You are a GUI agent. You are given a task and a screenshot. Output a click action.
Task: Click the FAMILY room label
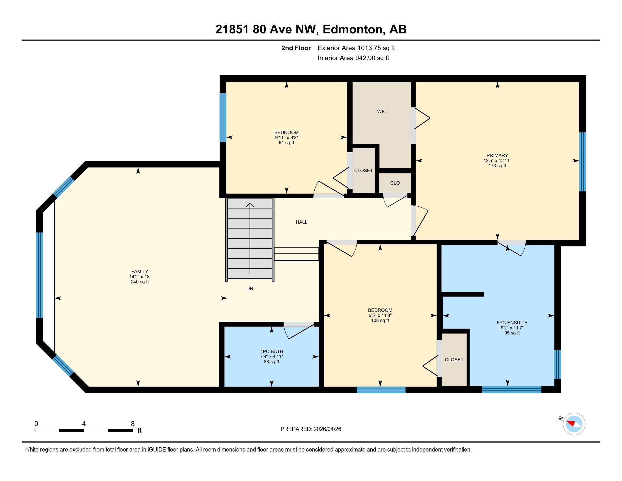click(140, 272)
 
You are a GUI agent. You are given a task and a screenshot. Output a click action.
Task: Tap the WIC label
click(382, 111)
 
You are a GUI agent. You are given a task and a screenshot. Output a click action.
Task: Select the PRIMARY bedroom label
click(497, 155)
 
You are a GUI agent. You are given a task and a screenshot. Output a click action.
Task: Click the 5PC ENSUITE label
click(512, 323)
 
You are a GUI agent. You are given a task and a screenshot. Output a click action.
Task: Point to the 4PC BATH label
click(271, 351)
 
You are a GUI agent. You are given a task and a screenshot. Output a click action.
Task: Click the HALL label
click(301, 222)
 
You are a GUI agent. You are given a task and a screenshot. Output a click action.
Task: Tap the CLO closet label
click(395, 183)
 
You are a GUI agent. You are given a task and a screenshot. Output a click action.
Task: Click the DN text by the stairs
click(249, 288)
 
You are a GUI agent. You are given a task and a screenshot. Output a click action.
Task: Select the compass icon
click(574, 424)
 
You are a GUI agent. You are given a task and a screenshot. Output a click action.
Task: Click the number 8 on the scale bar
click(132, 424)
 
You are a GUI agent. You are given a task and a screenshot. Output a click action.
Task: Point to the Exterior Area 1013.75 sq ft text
click(356, 48)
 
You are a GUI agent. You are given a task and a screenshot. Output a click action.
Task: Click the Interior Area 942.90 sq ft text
click(353, 58)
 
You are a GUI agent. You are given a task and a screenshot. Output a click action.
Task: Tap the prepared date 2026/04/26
click(327, 429)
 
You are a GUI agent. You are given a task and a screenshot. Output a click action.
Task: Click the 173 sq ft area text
click(497, 166)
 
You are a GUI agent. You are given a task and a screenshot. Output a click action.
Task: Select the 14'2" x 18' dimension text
click(140, 277)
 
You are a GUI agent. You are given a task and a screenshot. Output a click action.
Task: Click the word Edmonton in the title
click(353, 29)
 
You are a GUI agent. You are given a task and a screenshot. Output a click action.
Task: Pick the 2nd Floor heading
click(296, 48)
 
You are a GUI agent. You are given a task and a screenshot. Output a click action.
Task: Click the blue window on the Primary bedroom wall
click(582, 162)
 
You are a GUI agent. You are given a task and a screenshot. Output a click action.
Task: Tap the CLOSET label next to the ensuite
click(454, 360)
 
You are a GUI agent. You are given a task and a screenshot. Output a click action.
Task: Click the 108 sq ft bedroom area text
click(380, 320)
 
